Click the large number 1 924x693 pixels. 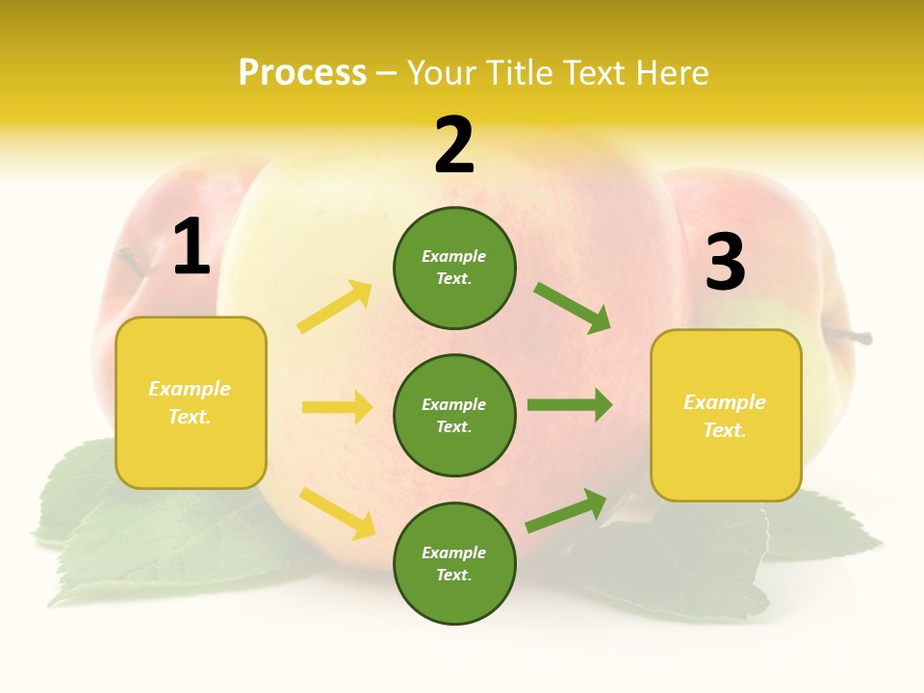point(192,247)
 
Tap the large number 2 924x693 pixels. point(454,146)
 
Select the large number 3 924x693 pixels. point(725,262)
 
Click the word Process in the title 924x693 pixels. point(302,72)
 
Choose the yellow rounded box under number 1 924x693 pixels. point(191,402)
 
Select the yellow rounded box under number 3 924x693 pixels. point(726,416)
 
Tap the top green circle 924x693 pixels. point(454,268)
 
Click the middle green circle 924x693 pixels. point(454,415)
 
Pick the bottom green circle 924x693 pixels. point(454,563)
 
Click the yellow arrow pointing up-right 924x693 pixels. point(335,307)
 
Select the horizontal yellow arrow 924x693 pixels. point(337,407)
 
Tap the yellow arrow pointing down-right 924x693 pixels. point(337,513)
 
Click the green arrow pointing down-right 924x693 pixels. point(573,308)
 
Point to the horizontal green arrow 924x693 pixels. point(570,405)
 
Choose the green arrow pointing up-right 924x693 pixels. point(567,511)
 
